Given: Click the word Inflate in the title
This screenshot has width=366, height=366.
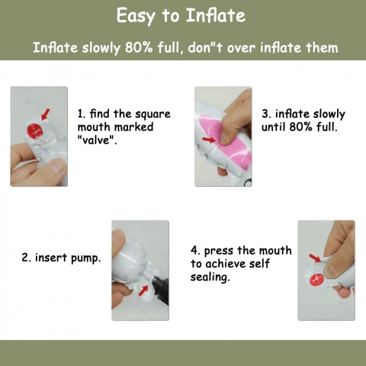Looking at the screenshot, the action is pyautogui.click(x=216, y=15).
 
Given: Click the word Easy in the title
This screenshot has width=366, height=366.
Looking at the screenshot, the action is pyautogui.click(x=136, y=16).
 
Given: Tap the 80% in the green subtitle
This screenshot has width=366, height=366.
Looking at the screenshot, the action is pyautogui.click(x=139, y=47).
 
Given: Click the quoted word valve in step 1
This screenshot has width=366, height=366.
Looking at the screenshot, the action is pyautogui.click(x=97, y=140).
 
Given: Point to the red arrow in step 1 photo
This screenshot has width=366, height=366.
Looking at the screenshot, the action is pyautogui.click(x=46, y=114).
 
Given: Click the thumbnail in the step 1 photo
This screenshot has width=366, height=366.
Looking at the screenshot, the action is pyautogui.click(x=57, y=166).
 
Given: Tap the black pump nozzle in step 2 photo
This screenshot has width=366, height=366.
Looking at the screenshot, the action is pyautogui.click(x=160, y=290).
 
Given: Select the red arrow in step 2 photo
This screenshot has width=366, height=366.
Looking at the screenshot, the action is pyautogui.click(x=143, y=291).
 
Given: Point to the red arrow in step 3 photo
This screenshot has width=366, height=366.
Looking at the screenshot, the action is pyautogui.click(x=209, y=140).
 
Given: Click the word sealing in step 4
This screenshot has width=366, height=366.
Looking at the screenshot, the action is pyautogui.click(x=210, y=277).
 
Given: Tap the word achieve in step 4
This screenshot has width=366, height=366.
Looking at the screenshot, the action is pyautogui.click(x=226, y=264).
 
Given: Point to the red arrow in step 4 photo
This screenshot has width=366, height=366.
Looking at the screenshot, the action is pyautogui.click(x=315, y=258).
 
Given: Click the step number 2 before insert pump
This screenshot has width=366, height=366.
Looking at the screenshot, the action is pyautogui.click(x=24, y=258).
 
